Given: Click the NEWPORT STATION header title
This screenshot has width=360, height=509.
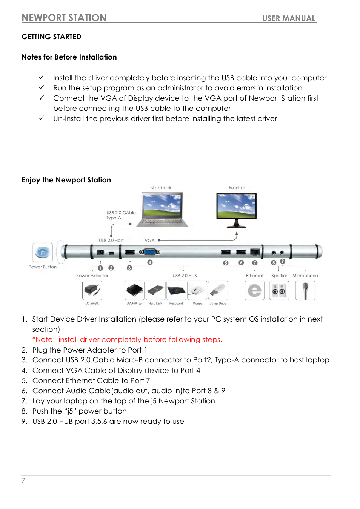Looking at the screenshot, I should [64, 18].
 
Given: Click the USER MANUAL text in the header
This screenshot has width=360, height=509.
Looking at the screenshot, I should [289, 18].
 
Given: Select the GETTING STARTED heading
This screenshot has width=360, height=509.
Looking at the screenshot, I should [51, 37].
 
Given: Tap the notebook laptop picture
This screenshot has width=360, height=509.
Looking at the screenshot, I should [162, 209].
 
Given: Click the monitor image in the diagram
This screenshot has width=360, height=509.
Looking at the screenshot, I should [236, 209].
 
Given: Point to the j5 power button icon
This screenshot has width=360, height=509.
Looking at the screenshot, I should [43, 252].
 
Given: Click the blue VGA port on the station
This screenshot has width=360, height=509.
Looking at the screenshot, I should [150, 252].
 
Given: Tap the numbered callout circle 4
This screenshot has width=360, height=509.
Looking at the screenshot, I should [150, 262].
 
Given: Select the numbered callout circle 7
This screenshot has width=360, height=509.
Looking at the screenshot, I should [255, 263].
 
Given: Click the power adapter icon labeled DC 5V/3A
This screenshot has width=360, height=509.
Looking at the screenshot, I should [92, 290].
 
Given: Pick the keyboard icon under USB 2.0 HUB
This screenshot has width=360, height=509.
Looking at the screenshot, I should [176, 290].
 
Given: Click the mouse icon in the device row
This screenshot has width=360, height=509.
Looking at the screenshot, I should [197, 290].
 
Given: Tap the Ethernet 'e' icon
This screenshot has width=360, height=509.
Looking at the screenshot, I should [254, 290].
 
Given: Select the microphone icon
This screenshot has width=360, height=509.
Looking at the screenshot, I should [305, 290].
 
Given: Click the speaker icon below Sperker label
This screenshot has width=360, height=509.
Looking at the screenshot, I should [279, 290].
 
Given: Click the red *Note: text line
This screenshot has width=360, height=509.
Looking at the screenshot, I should [127, 339].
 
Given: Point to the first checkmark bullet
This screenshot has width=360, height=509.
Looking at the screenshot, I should [42, 77].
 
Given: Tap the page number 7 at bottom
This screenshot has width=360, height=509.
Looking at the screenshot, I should [23, 480].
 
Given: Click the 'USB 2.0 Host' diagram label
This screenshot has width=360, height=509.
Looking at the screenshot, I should [111, 240].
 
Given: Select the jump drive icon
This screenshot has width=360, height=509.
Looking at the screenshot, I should [218, 290].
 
